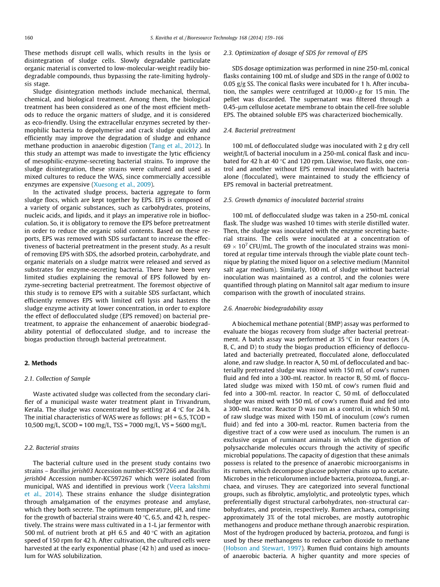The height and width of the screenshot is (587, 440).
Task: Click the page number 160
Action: point(29,38)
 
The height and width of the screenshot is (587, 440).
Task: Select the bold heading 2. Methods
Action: point(41,363)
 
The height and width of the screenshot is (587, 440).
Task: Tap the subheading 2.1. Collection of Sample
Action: point(57,379)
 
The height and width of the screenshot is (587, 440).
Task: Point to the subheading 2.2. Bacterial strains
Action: point(52,448)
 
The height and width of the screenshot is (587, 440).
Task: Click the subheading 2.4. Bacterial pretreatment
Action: point(259,130)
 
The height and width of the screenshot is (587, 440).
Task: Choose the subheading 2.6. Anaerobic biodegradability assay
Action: point(273,308)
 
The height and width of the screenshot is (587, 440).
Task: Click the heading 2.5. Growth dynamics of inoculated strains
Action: point(293,200)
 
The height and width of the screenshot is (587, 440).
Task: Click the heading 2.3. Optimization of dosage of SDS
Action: point(295,53)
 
